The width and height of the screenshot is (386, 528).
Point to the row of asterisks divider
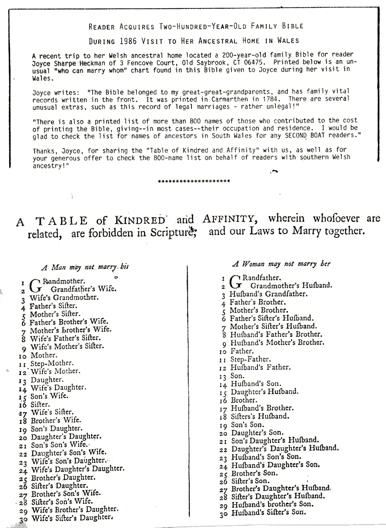tap(194, 181)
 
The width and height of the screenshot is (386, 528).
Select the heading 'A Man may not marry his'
tap(85, 267)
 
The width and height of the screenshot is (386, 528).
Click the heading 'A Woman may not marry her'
tap(281, 264)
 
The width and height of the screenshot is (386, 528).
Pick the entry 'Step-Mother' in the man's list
tap(52, 363)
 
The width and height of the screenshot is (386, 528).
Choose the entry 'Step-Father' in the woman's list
tap(251, 359)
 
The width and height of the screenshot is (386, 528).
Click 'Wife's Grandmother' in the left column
tap(64, 298)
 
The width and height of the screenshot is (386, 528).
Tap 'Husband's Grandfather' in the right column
tap(268, 294)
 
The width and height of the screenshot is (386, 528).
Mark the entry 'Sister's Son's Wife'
tap(62, 501)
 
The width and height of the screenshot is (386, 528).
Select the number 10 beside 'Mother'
tap(23, 356)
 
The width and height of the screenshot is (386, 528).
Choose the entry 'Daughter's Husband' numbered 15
tap(264, 392)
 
